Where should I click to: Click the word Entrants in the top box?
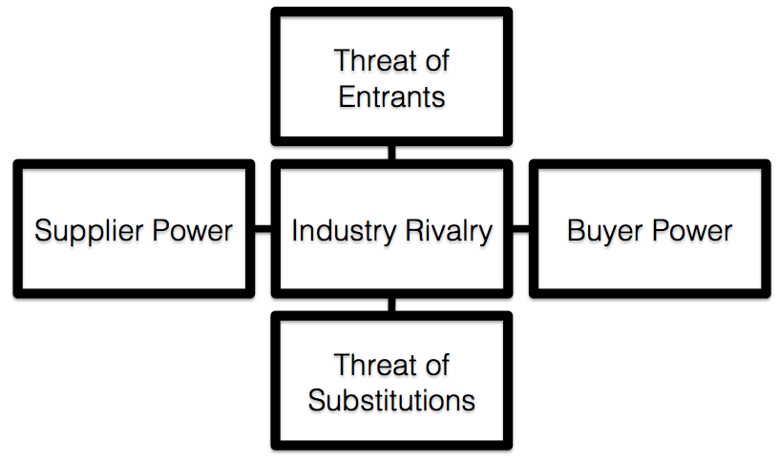[391, 96]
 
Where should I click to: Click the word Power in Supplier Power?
[196, 231]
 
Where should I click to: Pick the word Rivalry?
[446, 231]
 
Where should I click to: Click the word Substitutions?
[391, 399]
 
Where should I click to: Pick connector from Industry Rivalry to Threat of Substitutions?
[391, 305]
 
